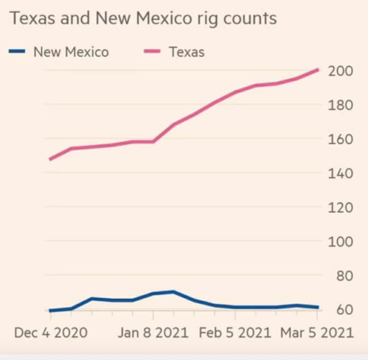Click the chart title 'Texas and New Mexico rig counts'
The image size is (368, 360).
[143, 19]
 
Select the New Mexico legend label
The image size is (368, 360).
[71, 52]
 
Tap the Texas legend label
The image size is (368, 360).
[186, 52]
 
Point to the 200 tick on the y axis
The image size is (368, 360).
[341, 71]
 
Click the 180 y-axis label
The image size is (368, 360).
[341, 105]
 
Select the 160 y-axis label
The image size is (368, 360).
[341, 139]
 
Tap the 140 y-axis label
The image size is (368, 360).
[341, 173]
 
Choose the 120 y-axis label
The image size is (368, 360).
[341, 207]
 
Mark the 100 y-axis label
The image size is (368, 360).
[341, 242]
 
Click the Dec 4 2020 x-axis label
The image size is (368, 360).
[51, 333]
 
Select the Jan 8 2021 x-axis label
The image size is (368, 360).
[153, 333]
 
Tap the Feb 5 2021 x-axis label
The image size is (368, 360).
[235, 333]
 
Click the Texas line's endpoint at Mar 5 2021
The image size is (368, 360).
[317, 70]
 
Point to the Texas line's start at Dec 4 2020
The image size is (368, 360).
[51, 159]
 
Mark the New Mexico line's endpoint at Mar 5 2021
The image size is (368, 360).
[317, 307]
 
